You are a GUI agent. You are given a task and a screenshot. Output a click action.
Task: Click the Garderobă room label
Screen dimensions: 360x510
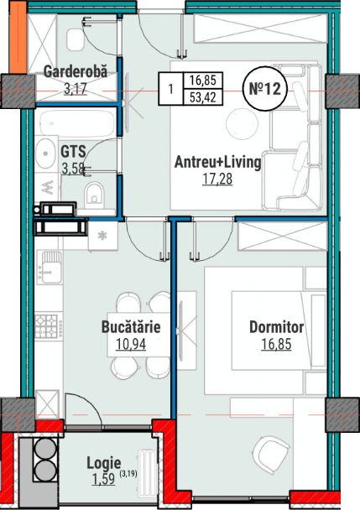(x=76, y=71)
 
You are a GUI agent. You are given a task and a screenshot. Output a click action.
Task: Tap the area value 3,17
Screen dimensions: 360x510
(x=76, y=88)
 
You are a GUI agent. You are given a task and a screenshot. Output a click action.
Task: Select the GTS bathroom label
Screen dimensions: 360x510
(x=73, y=152)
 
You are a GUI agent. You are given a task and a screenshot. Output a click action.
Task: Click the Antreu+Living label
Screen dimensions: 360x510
(x=217, y=162)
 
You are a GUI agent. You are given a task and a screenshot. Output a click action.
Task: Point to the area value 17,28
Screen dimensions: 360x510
(x=217, y=179)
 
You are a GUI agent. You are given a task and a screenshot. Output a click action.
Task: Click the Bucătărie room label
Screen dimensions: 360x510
(x=131, y=327)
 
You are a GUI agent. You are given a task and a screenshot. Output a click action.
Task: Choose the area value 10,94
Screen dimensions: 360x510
(x=131, y=344)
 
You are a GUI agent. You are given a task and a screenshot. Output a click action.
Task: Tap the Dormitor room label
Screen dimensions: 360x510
(x=276, y=327)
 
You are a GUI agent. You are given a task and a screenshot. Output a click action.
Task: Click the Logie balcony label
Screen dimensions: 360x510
(x=104, y=463)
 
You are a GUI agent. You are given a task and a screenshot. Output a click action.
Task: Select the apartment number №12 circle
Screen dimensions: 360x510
(x=264, y=88)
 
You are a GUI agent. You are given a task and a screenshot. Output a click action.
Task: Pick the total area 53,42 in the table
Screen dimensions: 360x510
(x=203, y=97)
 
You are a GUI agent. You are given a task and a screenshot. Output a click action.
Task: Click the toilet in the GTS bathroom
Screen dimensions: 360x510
(x=94, y=194)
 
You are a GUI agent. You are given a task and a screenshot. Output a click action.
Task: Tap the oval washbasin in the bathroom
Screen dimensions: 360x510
(x=45, y=154)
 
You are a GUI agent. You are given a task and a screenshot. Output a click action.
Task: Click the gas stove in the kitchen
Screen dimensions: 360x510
(x=46, y=326)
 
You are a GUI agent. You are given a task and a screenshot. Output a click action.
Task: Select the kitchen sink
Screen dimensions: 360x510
(x=50, y=267)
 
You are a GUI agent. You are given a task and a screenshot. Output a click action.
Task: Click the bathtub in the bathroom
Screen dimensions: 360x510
(x=76, y=124)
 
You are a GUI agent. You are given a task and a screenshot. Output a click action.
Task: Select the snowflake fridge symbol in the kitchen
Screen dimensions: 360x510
(x=103, y=236)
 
